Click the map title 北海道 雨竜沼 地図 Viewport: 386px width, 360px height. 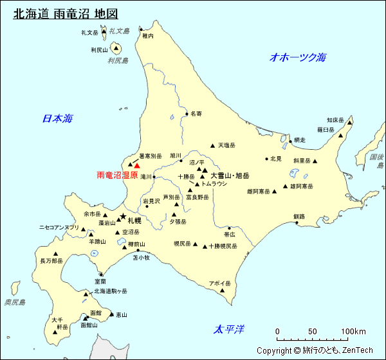click(65, 14)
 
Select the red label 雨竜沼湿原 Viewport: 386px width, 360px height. click(117, 175)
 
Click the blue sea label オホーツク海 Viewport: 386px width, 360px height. click(298, 57)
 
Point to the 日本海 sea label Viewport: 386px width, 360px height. click(57, 118)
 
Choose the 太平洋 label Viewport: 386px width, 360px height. click(230, 330)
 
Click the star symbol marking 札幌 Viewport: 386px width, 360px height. click(122, 217)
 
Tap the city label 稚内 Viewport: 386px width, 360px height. click(148, 37)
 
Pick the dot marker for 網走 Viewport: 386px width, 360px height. click(289, 139)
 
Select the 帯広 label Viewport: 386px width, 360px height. click(230, 235)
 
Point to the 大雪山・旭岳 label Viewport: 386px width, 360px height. click(230, 175)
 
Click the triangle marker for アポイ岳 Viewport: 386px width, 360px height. click(223, 290)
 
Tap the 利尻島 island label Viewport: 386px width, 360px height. click(118, 61)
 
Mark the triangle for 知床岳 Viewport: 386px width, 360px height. click(351, 120)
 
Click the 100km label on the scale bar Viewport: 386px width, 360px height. click(353, 332)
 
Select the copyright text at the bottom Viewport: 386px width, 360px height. click(315, 350)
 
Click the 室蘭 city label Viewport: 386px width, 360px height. click(100, 282)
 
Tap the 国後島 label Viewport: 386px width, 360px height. click(376, 161)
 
